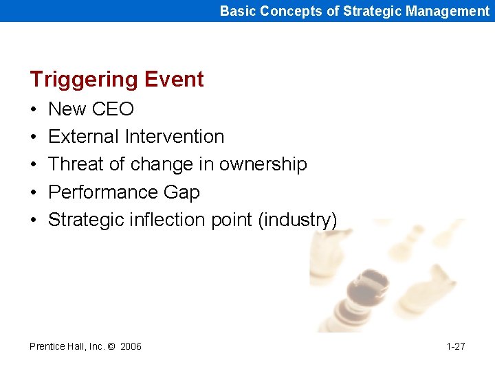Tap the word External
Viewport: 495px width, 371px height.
(84, 137)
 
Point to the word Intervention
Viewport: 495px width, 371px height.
(175, 137)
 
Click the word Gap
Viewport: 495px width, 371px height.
(183, 193)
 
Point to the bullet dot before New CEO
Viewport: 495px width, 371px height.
(34, 110)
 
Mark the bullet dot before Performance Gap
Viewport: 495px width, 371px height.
(34, 193)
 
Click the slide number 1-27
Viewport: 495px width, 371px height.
(455, 346)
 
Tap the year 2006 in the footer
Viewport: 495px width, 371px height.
(131, 346)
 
